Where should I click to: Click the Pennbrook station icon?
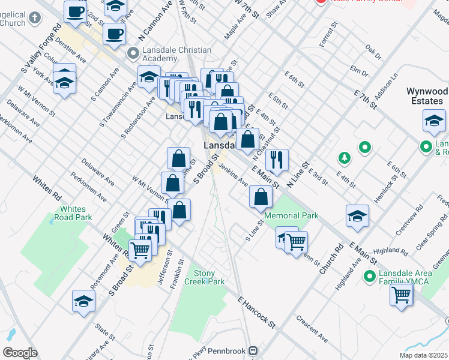[x=254, y=350]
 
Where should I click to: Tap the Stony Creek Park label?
[x=204, y=277]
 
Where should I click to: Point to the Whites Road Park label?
[x=73, y=213]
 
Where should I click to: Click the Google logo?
[x=20, y=353]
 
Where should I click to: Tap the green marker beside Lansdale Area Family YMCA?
[x=370, y=277]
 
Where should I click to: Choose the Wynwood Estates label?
[x=427, y=96]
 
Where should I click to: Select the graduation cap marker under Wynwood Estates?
[x=433, y=121]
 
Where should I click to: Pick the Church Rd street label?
[x=331, y=259]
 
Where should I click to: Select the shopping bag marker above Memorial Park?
[x=261, y=197]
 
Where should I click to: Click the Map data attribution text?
[x=423, y=355]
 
